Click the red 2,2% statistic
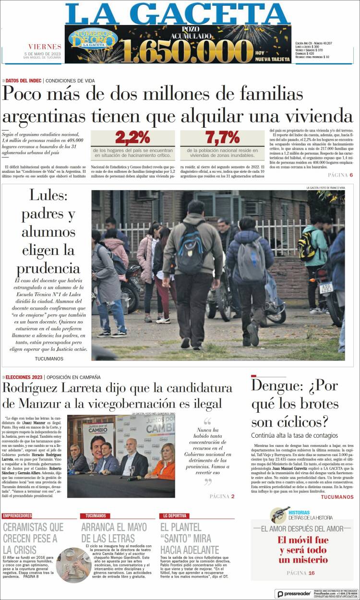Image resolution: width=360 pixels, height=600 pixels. click(x=132, y=138)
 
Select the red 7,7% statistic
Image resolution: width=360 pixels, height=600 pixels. click(x=222, y=138)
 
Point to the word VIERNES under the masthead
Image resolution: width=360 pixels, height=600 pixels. click(x=45, y=47)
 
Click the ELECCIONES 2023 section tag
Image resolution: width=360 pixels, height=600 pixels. click(x=24, y=377)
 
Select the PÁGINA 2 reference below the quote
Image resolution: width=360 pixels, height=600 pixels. click(x=222, y=496)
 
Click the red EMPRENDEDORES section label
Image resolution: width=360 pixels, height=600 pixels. click(x=17, y=516)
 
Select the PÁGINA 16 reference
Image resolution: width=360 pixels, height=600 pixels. click(x=300, y=573)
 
